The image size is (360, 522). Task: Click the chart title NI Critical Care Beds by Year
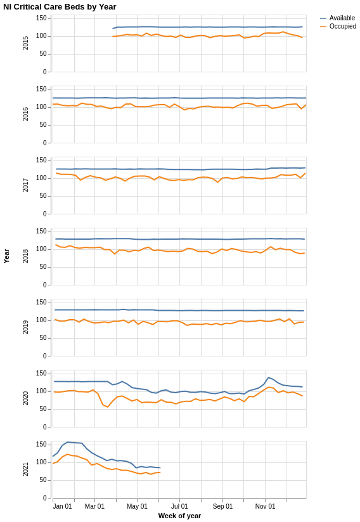[60, 7]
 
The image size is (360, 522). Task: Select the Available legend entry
[342, 18]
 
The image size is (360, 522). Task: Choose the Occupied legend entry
[342, 27]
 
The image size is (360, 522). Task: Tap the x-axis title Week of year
[179, 516]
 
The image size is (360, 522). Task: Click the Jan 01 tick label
[62, 506]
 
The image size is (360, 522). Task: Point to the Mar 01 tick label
[94, 506]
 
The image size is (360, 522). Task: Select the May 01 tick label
[137, 506]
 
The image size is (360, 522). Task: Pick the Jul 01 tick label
[179, 506]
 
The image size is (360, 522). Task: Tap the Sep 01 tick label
[222, 506]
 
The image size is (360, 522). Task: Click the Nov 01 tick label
[265, 506]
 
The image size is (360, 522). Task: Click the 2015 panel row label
[26, 43]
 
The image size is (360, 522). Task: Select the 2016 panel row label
[26, 114]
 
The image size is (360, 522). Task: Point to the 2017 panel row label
[26, 185]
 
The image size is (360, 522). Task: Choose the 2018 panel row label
[26, 256]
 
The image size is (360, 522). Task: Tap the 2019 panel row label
[26, 327]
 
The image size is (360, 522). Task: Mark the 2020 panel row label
[26, 398]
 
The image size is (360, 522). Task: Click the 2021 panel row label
[26, 469]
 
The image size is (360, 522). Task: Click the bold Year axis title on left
[6, 256]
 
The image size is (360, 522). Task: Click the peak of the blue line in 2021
[67, 442]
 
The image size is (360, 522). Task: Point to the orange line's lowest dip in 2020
[107, 407]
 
